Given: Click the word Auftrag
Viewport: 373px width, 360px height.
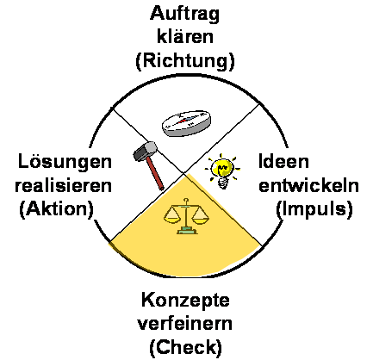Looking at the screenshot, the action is point(184,14).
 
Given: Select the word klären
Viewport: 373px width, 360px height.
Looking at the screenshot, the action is point(185,36).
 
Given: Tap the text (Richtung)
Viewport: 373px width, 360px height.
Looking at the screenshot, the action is point(185,60).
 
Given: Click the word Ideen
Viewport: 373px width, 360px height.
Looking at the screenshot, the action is point(283,161).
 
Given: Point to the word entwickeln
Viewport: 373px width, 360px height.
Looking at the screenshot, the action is point(308,185).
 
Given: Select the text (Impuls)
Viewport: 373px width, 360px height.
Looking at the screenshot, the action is point(314,208).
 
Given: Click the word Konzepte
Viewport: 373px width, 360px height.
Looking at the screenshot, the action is point(185,301).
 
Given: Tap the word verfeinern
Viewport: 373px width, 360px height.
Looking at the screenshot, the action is point(185,324).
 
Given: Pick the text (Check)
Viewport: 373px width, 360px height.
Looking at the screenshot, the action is point(186,347).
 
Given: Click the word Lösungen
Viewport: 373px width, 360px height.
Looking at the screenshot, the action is point(65,161).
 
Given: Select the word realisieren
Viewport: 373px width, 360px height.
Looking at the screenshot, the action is point(63,185).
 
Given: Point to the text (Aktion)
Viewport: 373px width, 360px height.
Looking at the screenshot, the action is point(57,208).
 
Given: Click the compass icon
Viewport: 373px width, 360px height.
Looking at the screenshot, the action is point(186,122).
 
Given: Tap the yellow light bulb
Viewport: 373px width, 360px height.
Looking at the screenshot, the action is point(222,171).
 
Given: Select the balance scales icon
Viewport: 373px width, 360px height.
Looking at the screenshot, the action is point(186,216).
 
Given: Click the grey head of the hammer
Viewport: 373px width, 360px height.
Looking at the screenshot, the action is point(145,151).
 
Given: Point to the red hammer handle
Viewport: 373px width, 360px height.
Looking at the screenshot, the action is point(155,175).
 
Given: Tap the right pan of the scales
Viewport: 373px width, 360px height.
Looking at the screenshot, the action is point(201,216).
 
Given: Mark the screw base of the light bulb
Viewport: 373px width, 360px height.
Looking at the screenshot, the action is point(223,183).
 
